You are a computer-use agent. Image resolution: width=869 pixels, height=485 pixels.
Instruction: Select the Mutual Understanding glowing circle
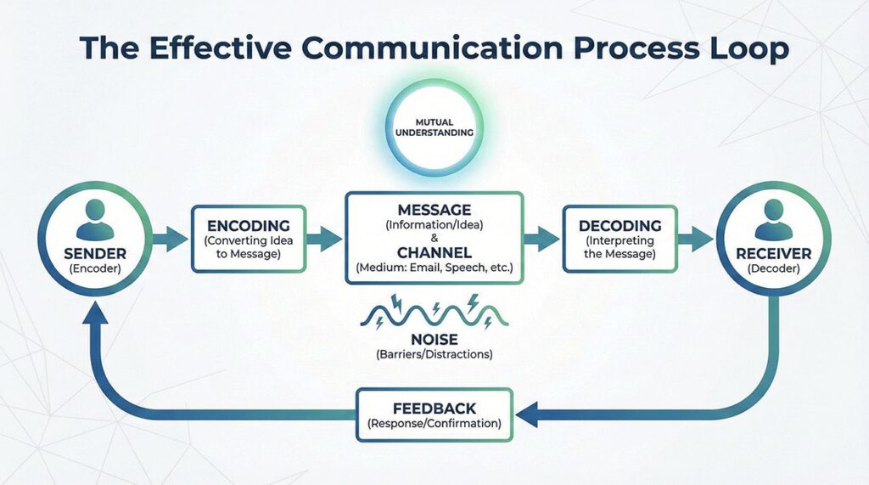pyautogui.click(x=434, y=127)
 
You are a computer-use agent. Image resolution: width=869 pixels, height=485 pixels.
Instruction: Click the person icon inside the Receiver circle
pyautogui.click(x=773, y=219)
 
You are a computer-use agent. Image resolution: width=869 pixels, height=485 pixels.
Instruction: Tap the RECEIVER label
pyautogui.click(x=773, y=253)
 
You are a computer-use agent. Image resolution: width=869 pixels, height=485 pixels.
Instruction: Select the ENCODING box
pyautogui.click(x=248, y=239)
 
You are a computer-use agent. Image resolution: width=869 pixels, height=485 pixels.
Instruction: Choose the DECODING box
pyautogui.click(x=620, y=239)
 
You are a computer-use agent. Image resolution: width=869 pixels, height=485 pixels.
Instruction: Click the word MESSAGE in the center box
pyautogui.click(x=434, y=209)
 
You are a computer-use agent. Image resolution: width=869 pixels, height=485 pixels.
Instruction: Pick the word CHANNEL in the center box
pyautogui.click(x=434, y=253)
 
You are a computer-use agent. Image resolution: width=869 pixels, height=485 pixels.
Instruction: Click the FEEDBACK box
pyautogui.click(x=434, y=415)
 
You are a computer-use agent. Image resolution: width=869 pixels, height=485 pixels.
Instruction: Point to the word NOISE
pyautogui.click(x=434, y=339)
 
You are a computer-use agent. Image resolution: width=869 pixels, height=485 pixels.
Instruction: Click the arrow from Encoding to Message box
pyautogui.click(x=324, y=238)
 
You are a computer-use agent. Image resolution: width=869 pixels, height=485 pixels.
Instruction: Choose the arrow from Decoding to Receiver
pyautogui.click(x=697, y=238)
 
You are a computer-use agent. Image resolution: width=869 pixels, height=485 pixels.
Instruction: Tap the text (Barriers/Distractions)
pyautogui.click(x=434, y=354)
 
